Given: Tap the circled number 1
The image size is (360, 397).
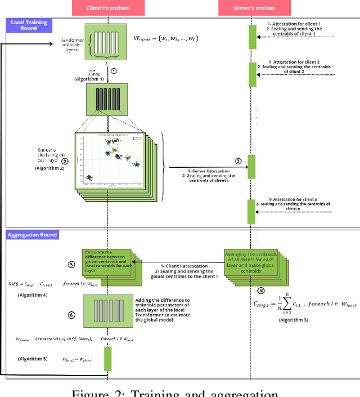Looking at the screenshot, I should (x=114, y=71).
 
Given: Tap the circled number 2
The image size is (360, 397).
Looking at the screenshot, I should (x=65, y=160).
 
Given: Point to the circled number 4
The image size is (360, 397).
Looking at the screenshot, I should (x=260, y=291).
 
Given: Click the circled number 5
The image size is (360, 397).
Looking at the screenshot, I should (x=71, y=264).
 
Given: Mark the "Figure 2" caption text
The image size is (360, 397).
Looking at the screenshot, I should (x=181, y=392).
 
